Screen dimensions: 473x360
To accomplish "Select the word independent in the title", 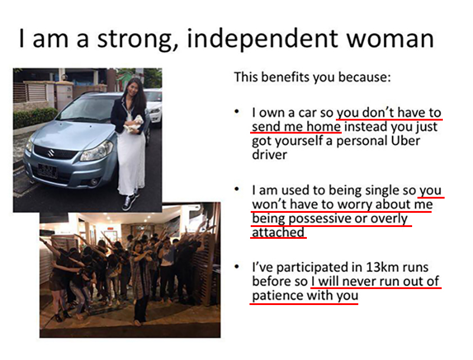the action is click(263, 40).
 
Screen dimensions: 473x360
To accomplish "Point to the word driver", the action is click(270, 155).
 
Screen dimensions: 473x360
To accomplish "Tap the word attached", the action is click(278, 232).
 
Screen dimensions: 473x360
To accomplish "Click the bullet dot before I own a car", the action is click(237, 112).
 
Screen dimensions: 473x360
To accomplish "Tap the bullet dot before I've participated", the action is click(237, 267).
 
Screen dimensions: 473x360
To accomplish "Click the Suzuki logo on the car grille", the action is click(50, 153).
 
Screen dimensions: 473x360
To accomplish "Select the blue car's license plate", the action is click(47, 171).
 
